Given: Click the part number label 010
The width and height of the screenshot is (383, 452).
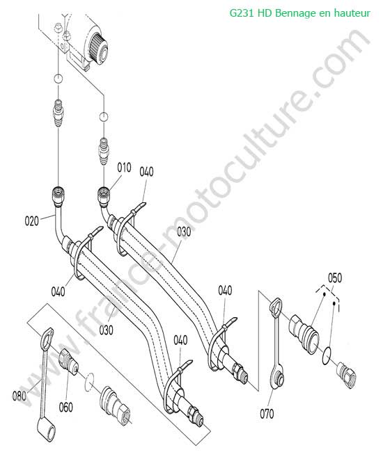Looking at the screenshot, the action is [124, 167].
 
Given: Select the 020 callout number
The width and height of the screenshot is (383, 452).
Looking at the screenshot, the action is [32, 221].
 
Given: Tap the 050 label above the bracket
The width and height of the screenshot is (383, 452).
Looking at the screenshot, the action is [335, 278].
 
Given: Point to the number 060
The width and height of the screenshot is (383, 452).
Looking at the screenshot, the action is [65, 407].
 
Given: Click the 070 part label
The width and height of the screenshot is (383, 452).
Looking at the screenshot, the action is [267, 414].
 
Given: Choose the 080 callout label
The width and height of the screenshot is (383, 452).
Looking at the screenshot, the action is [19, 396].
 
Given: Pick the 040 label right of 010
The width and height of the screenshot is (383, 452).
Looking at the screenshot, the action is [147, 172].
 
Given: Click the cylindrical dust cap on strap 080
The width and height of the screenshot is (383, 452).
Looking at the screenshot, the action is [47, 431].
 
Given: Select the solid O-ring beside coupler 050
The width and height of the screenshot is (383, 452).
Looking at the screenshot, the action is [327, 355].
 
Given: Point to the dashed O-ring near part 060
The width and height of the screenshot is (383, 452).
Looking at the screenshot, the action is [90, 382].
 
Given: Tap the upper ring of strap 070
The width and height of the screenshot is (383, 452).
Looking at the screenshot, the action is [275, 306].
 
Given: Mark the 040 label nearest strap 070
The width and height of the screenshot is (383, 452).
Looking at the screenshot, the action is [225, 290].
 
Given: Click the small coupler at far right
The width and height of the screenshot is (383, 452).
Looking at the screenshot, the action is [346, 376].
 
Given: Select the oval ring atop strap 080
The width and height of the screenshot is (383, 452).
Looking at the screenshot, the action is [47, 337].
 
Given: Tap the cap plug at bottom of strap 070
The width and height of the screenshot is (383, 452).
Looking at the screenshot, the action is [279, 379].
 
